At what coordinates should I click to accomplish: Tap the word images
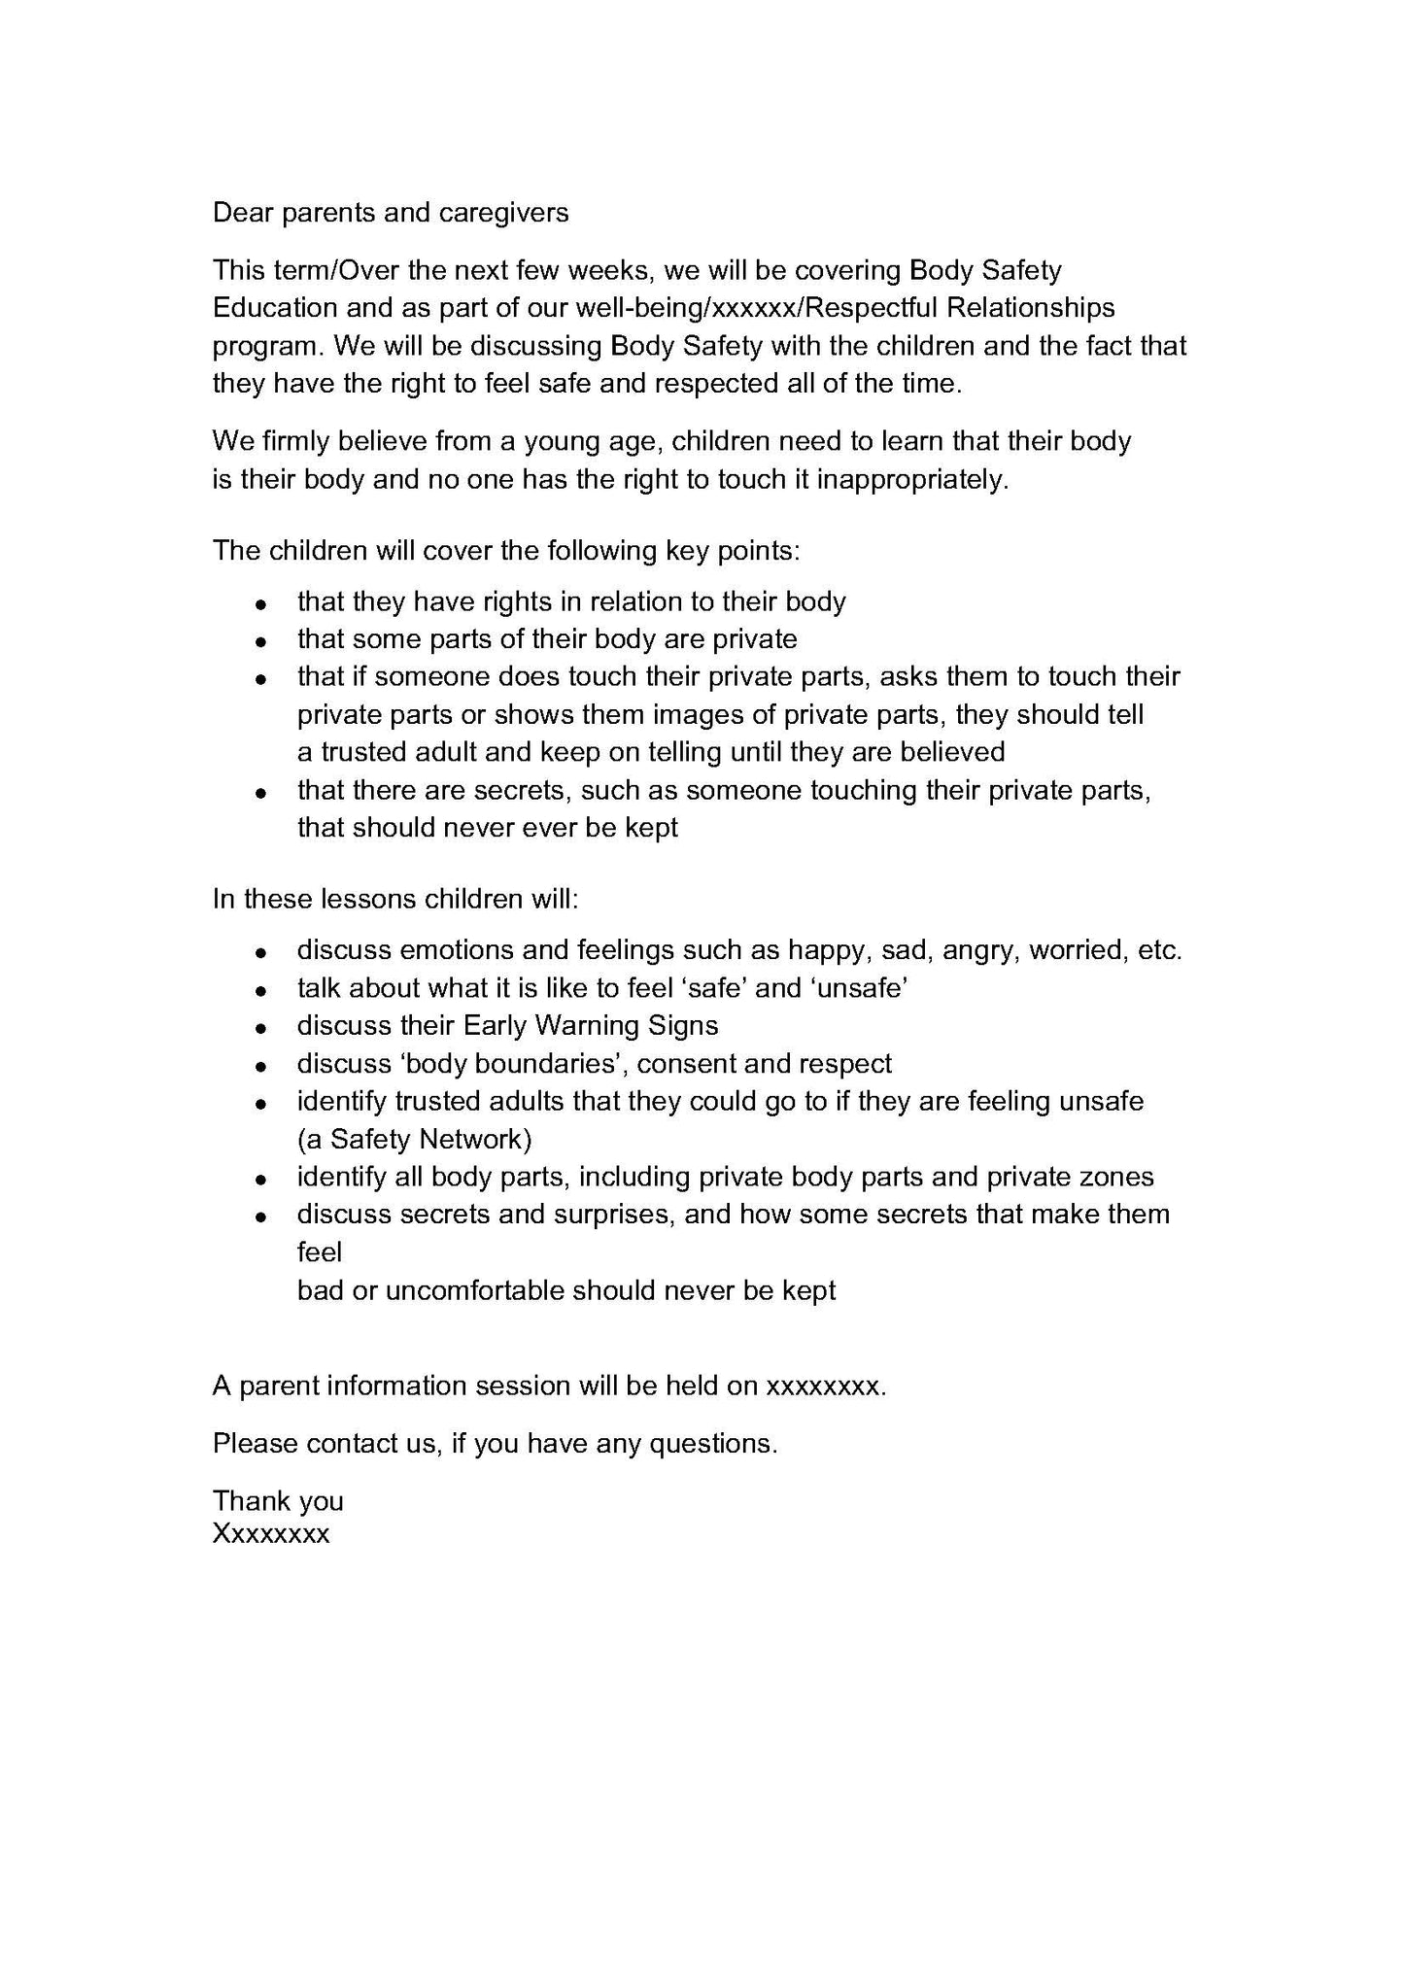point(696,715)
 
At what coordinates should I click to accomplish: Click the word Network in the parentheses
point(475,1139)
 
